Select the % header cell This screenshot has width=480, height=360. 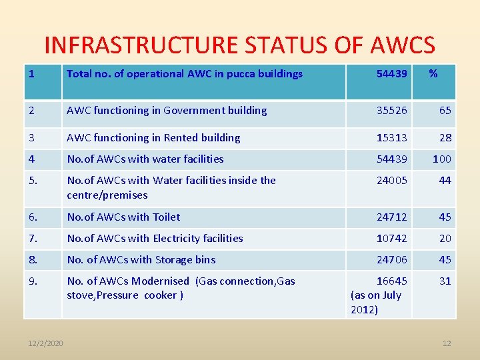pyautogui.click(x=433, y=73)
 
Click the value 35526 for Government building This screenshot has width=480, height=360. pyautogui.click(x=391, y=111)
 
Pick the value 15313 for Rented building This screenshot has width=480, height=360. pyautogui.click(x=391, y=138)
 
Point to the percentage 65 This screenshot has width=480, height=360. pyautogui.click(x=445, y=111)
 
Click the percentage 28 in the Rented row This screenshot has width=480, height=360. pyautogui.click(x=445, y=138)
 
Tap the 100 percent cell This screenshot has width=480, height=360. pyautogui.click(x=442, y=159)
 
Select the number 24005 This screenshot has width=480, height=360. pyautogui.click(x=391, y=181)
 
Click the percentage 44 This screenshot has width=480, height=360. pyautogui.click(x=445, y=181)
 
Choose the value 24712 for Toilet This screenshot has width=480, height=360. pyautogui.click(x=391, y=217)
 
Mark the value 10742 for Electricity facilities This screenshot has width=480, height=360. pyautogui.click(x=391, y=239)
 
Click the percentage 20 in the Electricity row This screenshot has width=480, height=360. pyautogui.click(x=445, y=239)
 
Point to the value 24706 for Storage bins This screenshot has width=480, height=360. pyautogui.click(x=391, y=260)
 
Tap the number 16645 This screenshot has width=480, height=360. pyautogui.click(x=391, y=281)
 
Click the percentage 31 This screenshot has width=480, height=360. pyautogui.click(x=445, y=281)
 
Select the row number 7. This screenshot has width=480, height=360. pyautogui.click(x=33, y=239)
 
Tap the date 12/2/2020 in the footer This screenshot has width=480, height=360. pyautogui.click(x=45, y=343)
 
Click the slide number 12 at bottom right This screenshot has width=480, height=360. pyautogui.click(x=447, y=343)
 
